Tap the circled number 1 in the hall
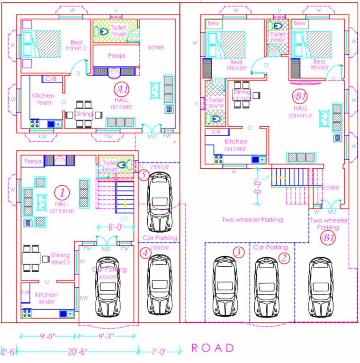[62, 192]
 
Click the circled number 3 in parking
[238, 252]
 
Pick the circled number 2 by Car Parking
[284, 258]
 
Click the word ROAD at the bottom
[213, 348]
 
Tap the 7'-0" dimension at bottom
[159, 352]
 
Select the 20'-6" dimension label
[76, 352]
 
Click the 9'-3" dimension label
[107, 336]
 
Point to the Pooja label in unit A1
[116, 56]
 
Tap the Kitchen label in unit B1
[235, 141]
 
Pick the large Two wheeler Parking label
[252, 219]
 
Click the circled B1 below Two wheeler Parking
[327, 238]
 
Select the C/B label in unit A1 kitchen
[50, 78]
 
